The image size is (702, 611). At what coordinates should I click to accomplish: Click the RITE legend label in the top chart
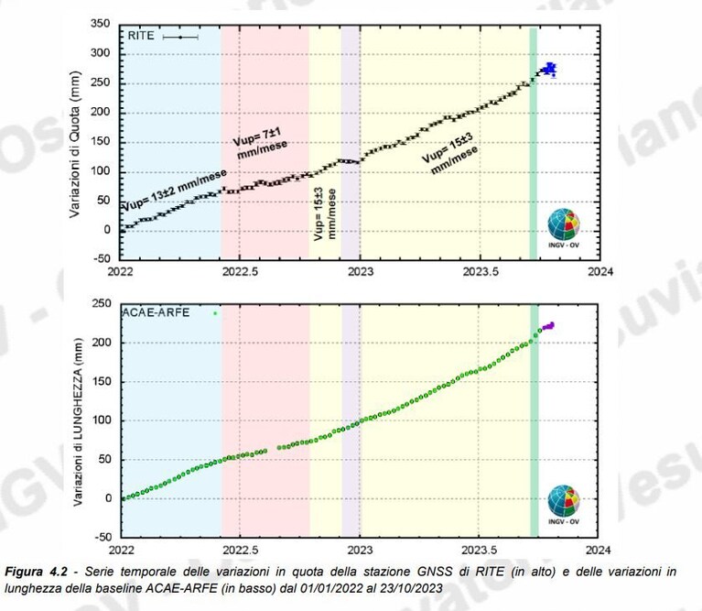[x=141, y=36]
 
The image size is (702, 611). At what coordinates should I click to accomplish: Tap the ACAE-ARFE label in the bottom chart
[x=156, y=312]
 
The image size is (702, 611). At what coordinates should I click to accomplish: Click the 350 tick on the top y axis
[x=101, y=24]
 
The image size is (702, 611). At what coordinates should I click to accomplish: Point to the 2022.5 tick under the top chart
[x=240, y=271]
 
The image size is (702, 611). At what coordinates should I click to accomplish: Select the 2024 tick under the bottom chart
[x=598, y=550]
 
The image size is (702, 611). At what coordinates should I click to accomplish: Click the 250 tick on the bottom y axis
[x=102, y=304]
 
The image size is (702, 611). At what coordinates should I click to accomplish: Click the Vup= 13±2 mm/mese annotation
[x=174, y=190]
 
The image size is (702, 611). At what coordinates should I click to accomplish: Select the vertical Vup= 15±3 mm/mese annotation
[x=325, y=214]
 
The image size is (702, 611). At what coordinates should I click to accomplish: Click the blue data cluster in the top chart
[x=549, y=69]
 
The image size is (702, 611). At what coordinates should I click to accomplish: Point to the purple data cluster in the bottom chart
[x=548, y=326]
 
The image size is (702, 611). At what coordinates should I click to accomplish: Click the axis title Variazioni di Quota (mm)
[x=75, y=144]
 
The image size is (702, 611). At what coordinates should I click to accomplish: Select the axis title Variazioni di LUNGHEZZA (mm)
[x=78, y=422]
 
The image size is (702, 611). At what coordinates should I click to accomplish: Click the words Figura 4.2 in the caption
[x=36, y=572]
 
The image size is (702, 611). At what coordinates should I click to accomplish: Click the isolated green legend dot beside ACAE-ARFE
[x=215, y=313]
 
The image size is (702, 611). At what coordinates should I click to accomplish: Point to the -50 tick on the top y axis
[x=102, y=258]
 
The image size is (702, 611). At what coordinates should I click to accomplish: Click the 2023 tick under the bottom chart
[x=360, y=550]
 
